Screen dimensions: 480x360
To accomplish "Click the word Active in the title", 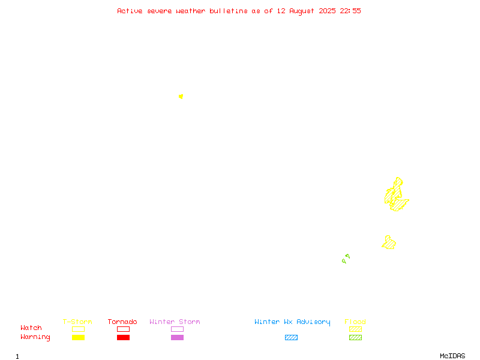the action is click(130, 11).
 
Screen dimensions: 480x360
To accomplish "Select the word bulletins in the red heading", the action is click(229, 11).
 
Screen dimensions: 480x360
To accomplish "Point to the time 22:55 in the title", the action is click(350, 11).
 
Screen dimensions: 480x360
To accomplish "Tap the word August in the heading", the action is click(302, 11).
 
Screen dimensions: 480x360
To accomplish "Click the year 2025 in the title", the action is click(327, 11).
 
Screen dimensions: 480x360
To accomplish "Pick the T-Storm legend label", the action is click(77, 322).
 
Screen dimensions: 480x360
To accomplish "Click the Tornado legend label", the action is click(122, 322).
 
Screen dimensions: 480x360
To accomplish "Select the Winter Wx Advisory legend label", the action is click(292, 322).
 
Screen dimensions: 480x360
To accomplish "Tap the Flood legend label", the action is click(355, 322).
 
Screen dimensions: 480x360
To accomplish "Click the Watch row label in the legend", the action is click(31, 328).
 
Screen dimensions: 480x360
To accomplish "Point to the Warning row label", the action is click(35, 337).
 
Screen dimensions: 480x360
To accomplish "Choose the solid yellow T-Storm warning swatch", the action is click(79, 337).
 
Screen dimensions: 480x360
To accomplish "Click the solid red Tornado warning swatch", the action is click(124, 337).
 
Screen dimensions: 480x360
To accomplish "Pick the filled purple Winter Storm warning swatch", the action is click(177, 337).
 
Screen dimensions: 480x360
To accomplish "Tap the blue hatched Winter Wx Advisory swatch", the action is click(291, 337).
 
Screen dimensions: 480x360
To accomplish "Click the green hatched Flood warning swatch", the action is click(355, 337).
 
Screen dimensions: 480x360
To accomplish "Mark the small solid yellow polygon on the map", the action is click(181, 97).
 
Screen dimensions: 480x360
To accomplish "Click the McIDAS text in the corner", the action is click(452, 356).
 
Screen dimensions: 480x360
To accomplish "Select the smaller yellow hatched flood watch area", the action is click(389, 243).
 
